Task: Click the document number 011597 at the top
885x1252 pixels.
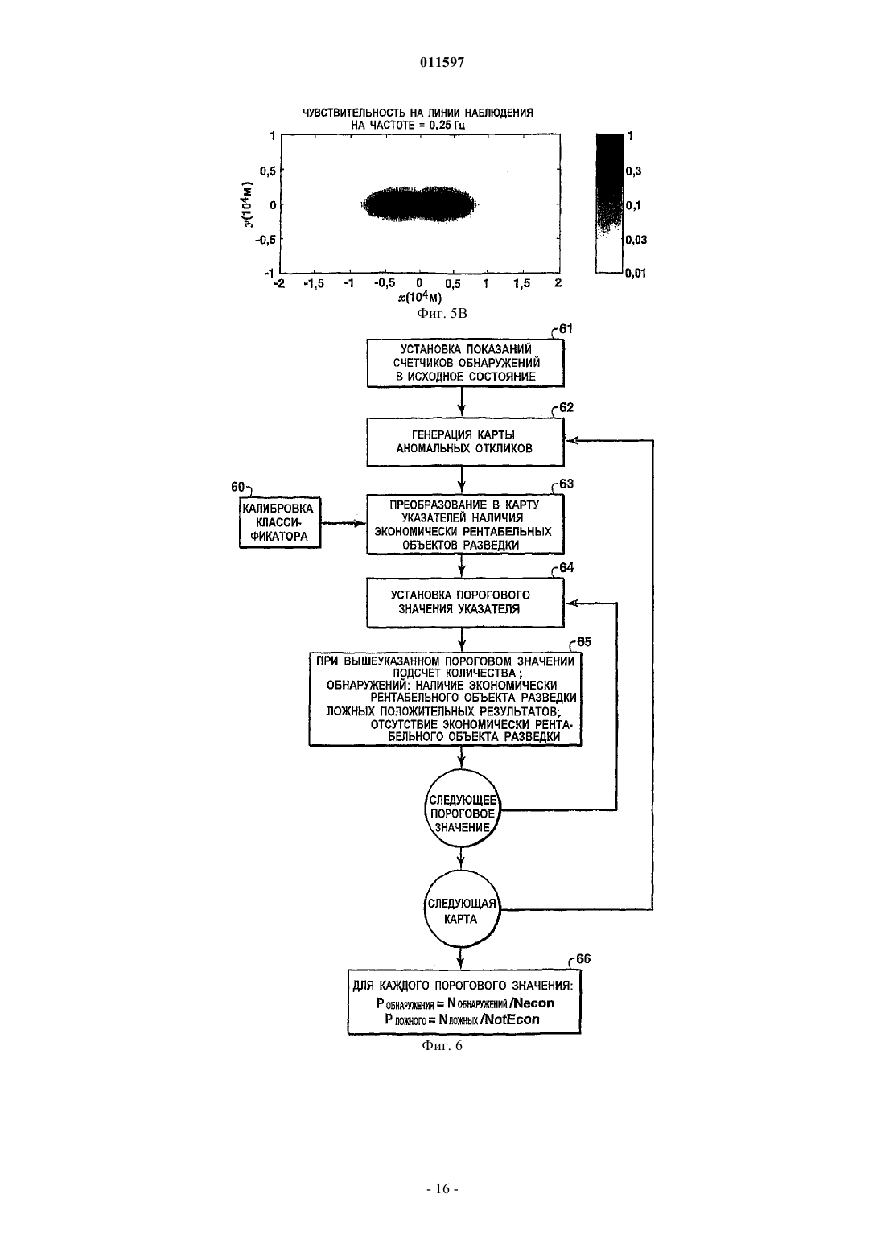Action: (442, 63)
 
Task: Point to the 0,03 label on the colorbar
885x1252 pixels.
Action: (636, 240)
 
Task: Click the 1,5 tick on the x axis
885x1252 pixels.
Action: (522, 284)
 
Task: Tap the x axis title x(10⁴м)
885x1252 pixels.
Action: (419, 298)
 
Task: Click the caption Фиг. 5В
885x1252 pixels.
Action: (442, 314)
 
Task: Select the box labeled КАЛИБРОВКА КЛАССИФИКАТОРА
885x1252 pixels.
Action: (280, 522)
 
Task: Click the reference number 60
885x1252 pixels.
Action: (238, 487)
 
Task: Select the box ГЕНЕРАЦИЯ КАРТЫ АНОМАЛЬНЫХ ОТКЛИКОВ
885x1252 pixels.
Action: (465, 442)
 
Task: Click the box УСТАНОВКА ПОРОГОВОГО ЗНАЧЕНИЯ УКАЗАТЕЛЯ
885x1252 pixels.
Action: (465, 603)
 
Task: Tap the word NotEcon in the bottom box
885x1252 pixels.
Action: (511, 1019)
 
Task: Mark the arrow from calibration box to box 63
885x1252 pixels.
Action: (344, 523)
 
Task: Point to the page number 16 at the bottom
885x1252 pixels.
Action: (442, 1189)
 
